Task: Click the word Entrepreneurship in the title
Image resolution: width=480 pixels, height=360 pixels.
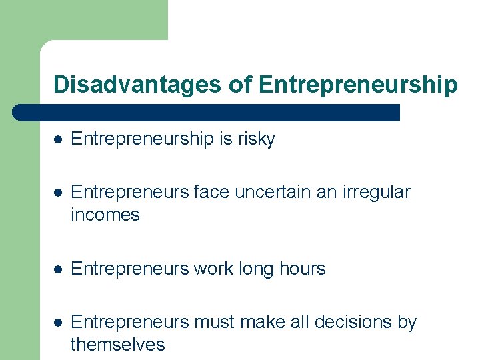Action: [357, 85]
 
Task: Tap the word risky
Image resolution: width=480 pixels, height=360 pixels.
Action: [257, 139]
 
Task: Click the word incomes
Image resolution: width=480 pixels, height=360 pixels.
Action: [105, 215]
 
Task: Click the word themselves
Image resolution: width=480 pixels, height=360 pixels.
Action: [117, 345]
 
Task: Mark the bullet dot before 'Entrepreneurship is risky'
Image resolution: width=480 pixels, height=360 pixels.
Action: [59, 139]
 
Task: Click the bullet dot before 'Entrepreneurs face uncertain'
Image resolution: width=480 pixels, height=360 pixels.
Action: [59, 193]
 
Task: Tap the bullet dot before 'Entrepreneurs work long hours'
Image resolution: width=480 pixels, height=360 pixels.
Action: [59, 269]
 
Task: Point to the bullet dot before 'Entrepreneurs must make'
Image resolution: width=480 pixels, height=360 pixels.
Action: [59, 323]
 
